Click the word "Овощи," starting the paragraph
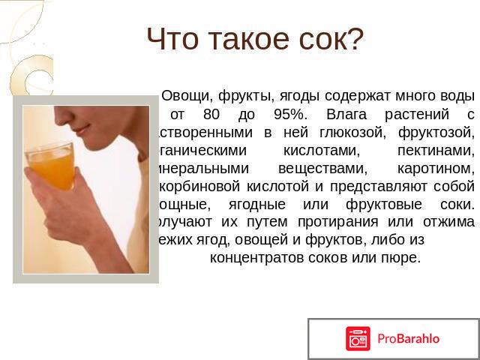click(187, 97)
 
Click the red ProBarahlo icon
click(358, 338)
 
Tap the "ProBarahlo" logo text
click(409, 338)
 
